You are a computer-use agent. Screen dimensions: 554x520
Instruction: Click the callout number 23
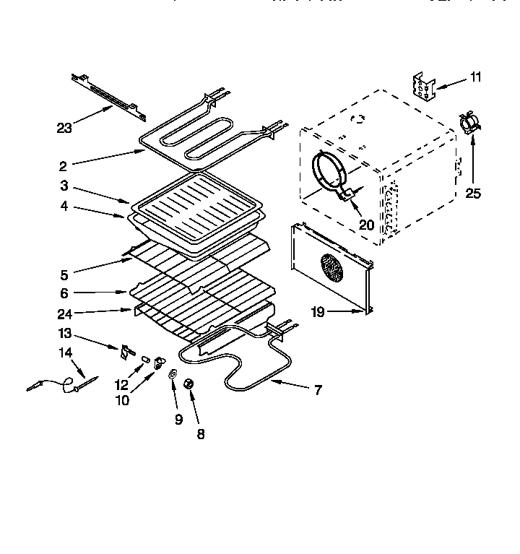(65, 128)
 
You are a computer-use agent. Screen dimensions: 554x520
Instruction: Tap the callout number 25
(472, 193)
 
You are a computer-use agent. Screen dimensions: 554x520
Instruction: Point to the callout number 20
(366, 225)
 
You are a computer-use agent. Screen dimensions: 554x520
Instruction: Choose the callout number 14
(66, 352)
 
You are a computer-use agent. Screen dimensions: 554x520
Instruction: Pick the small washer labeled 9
(173, 374)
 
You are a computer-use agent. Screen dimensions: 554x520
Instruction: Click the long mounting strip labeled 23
(108, 97)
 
